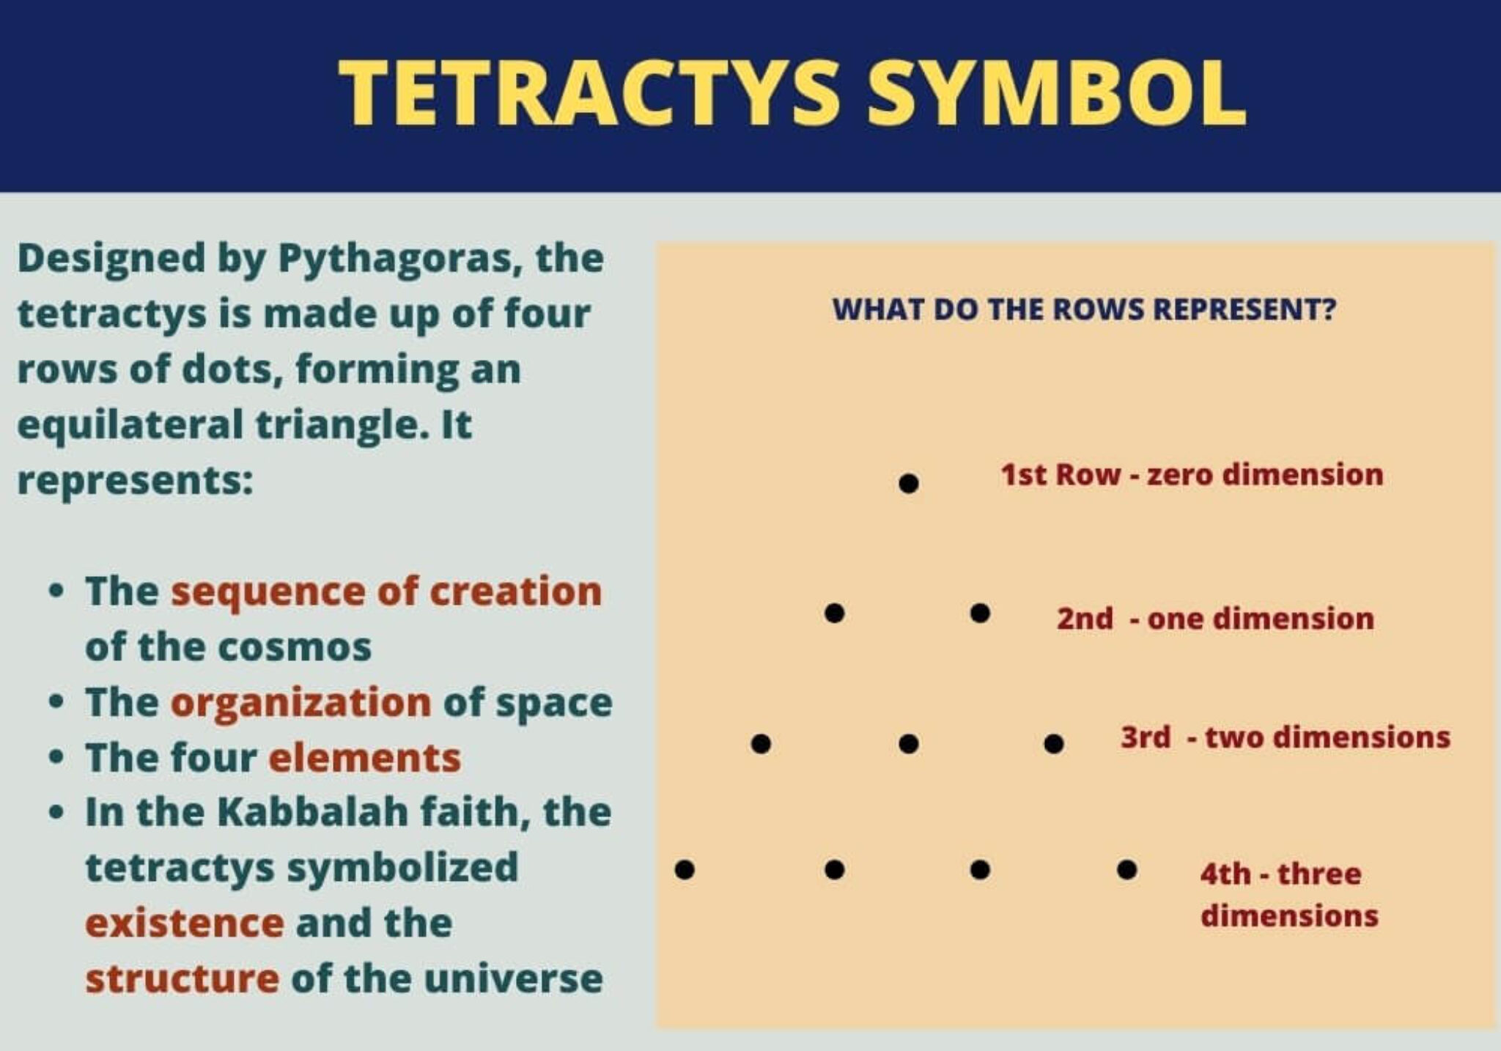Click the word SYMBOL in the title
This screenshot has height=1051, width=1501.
point(1056,94)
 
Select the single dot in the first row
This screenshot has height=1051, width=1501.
point(909,484)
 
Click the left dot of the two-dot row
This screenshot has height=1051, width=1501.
point(834,613)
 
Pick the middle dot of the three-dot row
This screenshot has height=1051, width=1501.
point(908,744)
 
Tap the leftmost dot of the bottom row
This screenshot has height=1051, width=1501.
point(685,870)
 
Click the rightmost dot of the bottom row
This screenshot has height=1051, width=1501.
point(1127,870)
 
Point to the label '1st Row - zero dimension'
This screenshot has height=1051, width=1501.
point(1192,475)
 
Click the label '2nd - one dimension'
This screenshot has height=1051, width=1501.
point(1215,619)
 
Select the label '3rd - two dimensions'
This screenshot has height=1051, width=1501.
point(1285,737)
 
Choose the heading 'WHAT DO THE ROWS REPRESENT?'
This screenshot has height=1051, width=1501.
point(1084,309)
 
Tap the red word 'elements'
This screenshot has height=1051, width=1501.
point(365,758)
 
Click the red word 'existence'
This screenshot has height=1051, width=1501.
point(185,923)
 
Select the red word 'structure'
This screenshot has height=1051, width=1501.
point(182,978)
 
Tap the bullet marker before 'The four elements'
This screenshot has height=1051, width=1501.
point(56,758)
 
